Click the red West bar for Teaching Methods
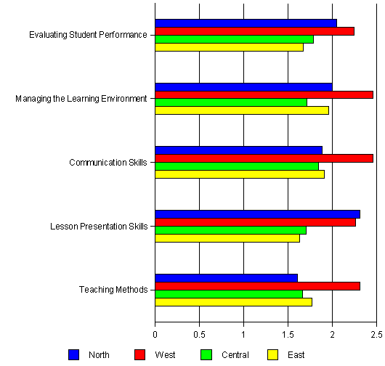pos(258,286)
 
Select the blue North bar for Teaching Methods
pos(227,278)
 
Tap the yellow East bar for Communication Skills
pos(240,174)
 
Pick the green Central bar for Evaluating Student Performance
pos(234,39)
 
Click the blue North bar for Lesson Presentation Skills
pos(258,214)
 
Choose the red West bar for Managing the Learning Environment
pos(264,94)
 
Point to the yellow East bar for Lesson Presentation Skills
pos(227,238)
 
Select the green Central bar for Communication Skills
pos(237,166)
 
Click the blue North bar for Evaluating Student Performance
pos(246,23)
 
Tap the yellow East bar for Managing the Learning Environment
pos(242,110)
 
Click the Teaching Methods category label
pos(113,290)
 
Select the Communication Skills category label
pos(108,163)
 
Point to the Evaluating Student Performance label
pos(88,35)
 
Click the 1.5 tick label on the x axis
pos(288,335)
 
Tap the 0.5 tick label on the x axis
pos(199,335)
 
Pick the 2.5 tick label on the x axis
pos(376,335)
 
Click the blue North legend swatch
pos(73,355)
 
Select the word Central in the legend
pos(235,355)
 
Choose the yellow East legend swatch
pos(272,355)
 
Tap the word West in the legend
pos(165,355)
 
